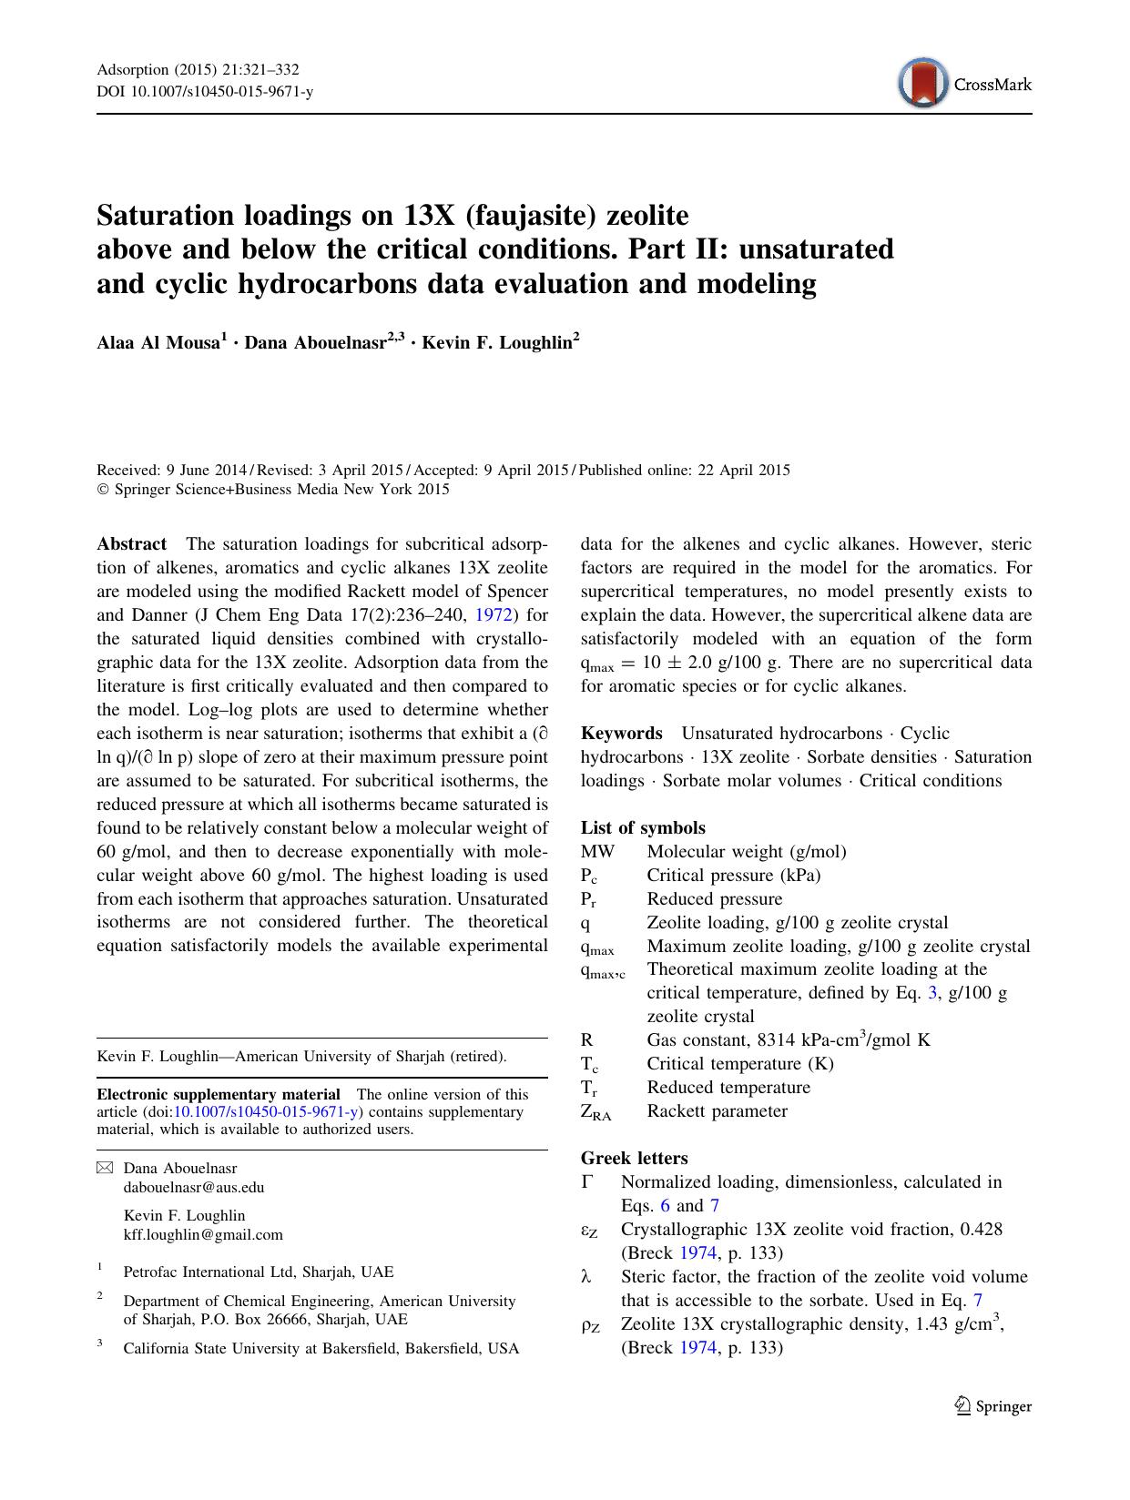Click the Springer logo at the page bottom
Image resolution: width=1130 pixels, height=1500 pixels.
(993, 1406)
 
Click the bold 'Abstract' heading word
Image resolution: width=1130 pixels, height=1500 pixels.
(132, 544)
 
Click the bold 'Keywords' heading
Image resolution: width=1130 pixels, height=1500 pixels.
(622, 734)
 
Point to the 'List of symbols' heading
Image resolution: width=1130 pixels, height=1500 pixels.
(643, 828)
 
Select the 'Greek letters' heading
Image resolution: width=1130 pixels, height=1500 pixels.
(634, 1159)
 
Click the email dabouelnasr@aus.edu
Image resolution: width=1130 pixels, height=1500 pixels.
(194, 1187)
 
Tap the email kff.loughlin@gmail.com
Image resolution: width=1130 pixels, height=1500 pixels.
(203, 1235)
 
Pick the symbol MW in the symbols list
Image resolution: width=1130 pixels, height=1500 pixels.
(597, 852)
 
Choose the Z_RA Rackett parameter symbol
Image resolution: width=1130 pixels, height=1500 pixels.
(596, 1112)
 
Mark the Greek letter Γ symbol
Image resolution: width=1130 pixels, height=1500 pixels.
(587, 1182)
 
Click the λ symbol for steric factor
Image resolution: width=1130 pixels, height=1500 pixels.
(586, 1277)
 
